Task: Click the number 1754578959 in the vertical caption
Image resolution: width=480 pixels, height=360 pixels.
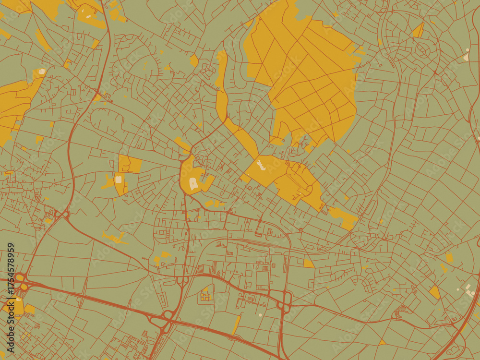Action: (11, 273)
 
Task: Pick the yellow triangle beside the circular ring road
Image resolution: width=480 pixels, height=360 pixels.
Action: (418, 31)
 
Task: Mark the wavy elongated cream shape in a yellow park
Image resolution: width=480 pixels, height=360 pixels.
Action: (261, 165)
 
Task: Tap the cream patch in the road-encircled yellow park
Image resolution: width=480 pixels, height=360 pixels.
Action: (194, 183)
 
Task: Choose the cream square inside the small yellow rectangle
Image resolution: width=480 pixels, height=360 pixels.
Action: (118, 180)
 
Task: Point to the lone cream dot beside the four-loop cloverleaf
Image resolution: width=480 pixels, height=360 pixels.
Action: (261, 315)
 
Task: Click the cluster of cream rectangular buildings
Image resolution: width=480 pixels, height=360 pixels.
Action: (468, 289)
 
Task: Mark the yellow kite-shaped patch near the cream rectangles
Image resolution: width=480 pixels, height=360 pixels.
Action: (435, 292)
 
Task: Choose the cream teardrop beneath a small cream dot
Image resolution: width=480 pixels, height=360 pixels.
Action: (466, 57)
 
